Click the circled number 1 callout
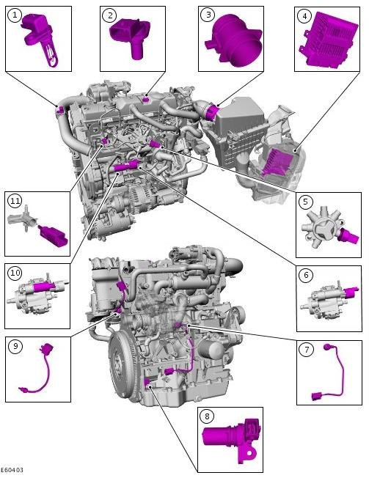[15, 15]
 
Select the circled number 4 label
[304, 16]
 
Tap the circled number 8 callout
[208, 416]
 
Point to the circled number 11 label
[15, 201]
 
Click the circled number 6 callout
[306, 275]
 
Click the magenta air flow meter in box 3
[234, 39]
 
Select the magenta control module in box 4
[329, 40]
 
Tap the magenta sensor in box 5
[350, 236]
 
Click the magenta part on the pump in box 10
[44, 287]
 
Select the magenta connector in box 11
[53, 237]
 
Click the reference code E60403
[12, 471]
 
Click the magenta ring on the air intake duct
[211, 111]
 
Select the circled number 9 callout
[15, 347]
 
